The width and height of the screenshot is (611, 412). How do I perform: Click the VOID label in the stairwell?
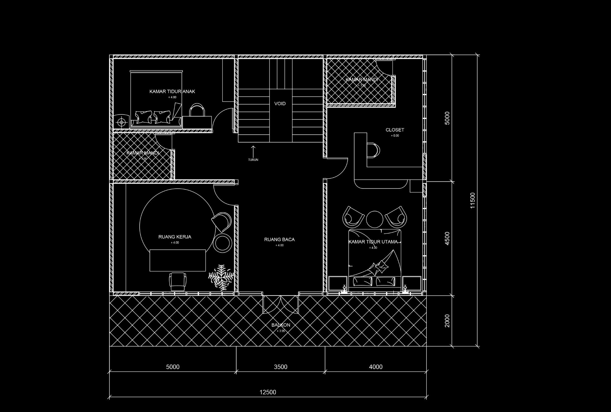coord(280,104)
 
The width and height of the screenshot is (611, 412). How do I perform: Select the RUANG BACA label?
coord(279,239)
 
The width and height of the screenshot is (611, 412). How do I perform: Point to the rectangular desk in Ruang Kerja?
coord(178,260)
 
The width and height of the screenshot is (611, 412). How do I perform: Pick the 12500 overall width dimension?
coord(268,392)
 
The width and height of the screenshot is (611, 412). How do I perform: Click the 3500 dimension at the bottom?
coord(280,367)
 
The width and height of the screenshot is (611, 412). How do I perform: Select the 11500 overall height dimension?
coord(473,201)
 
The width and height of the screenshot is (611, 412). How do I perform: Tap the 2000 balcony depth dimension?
coord(447,321)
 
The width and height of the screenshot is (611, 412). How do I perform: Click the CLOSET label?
coord(395,130)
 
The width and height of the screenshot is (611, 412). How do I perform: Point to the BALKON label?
coord(281,325)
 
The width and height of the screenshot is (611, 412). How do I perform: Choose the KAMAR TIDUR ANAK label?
coord(172,91)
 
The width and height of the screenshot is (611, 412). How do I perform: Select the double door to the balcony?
coord(280,304)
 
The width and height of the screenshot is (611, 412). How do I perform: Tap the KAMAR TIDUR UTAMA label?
coord(373,242)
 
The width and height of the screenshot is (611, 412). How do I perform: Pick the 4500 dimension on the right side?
coord(447,238)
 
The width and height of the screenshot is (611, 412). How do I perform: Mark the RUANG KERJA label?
coord(175,237)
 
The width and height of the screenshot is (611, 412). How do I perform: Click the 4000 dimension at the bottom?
coord(376,367)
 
